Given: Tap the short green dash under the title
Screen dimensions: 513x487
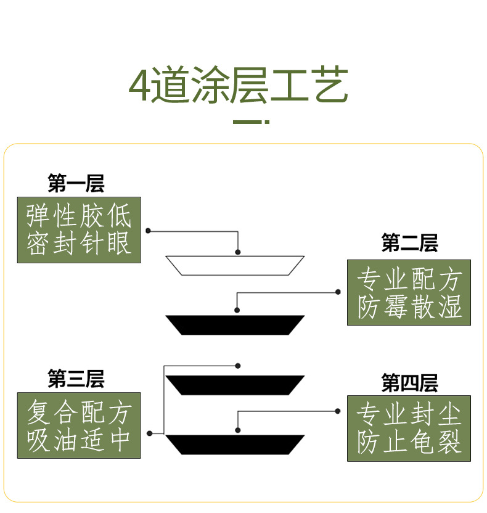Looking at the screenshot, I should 250,122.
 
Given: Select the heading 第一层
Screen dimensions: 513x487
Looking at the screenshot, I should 76,183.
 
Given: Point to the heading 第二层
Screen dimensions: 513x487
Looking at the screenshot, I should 409,243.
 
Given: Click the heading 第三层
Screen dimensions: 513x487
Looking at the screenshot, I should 76,379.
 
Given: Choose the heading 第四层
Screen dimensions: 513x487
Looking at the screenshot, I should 409,383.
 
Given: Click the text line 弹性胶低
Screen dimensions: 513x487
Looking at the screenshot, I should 79,216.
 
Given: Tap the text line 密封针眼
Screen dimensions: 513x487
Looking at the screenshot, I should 79,244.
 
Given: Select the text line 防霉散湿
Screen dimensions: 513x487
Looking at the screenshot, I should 409,307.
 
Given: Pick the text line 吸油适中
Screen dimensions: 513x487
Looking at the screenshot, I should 79,440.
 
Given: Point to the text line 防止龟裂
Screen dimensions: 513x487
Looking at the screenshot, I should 409,443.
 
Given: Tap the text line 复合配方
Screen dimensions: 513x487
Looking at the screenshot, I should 79,412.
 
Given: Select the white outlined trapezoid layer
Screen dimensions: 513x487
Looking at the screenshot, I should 235,266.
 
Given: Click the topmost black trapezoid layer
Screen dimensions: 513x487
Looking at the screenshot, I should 235,325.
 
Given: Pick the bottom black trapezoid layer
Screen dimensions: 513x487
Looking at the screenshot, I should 235,445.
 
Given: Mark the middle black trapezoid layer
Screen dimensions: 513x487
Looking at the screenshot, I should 235,385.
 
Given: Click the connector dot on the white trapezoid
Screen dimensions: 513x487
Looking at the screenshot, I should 238,252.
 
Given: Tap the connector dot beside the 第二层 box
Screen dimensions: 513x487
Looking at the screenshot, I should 338,292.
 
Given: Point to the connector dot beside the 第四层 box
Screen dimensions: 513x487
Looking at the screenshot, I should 338,411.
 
